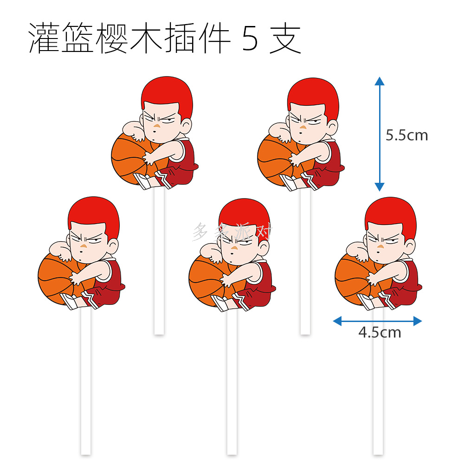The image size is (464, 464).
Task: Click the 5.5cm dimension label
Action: point(406,135)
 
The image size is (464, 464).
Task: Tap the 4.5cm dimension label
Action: point(380,332)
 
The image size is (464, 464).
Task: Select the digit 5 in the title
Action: point(250,39)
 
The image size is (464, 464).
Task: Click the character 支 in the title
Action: point(285,39)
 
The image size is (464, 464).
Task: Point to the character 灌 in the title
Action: point(44,38)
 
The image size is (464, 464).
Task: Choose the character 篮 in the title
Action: point(77,38)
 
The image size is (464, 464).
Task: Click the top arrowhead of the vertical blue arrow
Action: point(380,81)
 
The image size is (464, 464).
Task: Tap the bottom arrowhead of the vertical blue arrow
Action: point(380,187)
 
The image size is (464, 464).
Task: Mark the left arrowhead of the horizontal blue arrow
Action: point(337,321)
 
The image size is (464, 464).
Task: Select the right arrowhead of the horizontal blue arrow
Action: point(418,321)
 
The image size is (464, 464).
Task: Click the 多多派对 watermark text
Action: point(232,232)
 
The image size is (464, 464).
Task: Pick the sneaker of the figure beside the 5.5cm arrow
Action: point(288,182)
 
